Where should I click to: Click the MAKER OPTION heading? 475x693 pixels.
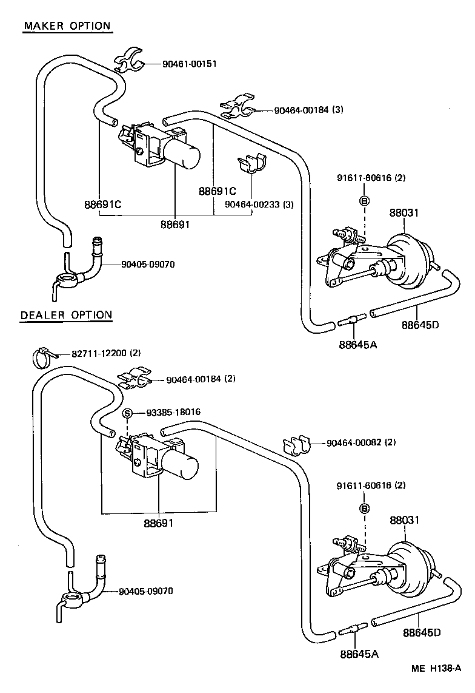click(67, 26)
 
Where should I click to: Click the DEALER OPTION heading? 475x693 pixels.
click(66, 315)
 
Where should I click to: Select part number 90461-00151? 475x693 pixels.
click(189, 64)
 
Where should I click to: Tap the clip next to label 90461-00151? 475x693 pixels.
click(130, 61)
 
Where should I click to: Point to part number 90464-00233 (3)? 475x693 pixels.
click(259, 205)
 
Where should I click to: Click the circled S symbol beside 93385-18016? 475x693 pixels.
click(128, 413)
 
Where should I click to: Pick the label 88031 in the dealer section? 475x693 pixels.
click(405, 520)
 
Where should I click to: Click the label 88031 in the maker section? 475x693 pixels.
click(404, 213)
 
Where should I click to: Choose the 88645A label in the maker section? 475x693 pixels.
click(358, 345)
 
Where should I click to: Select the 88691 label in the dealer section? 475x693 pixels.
click(159, 522)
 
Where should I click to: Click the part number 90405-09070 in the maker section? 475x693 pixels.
click(148, 265)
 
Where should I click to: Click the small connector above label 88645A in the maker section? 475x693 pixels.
click(353, 322)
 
